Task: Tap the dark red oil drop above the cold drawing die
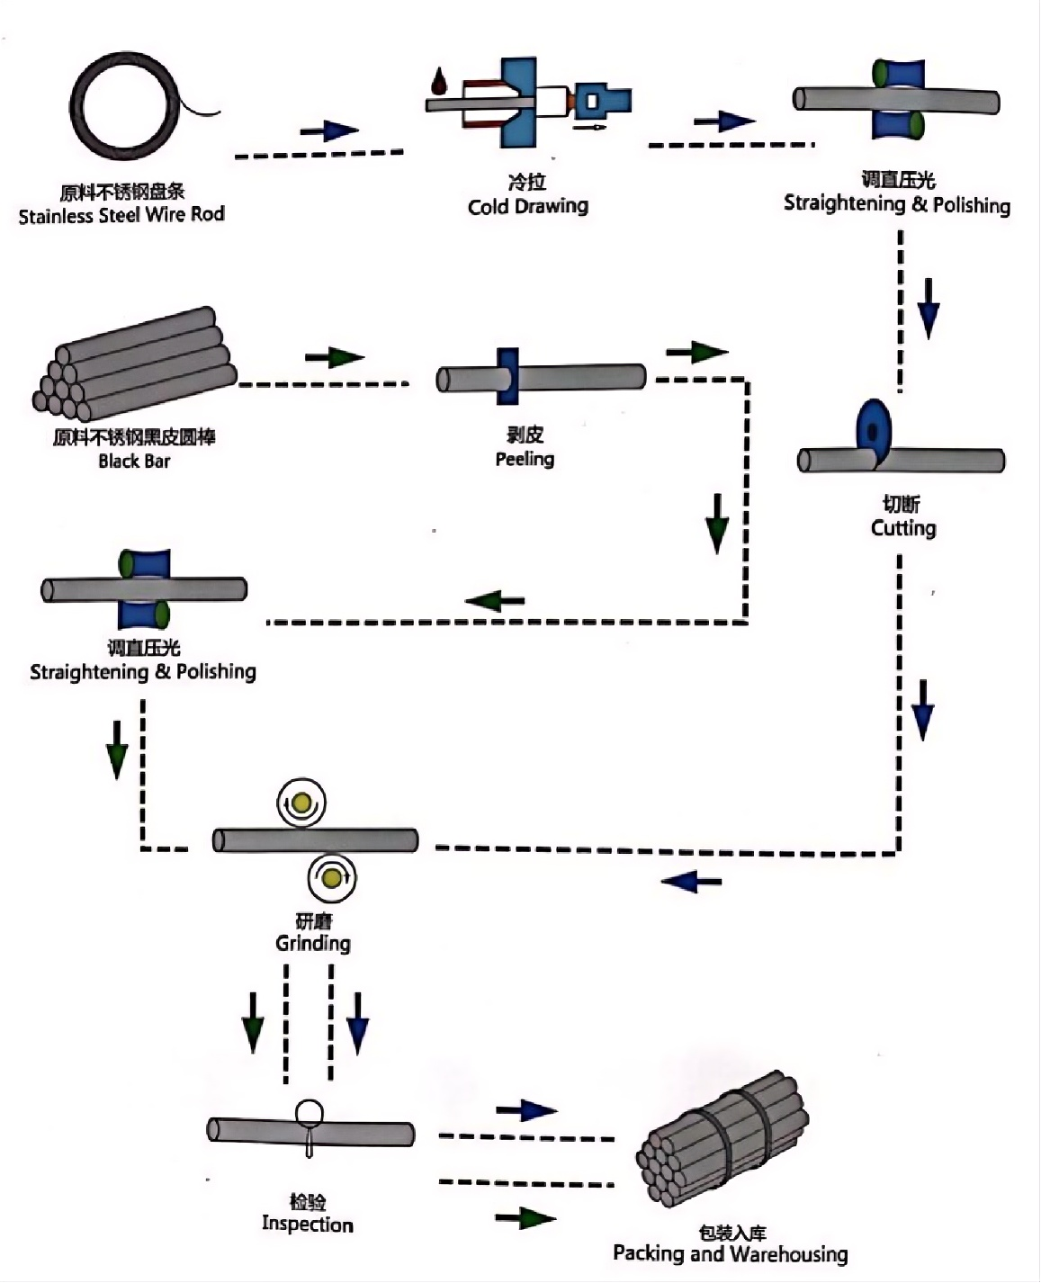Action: pos(439,81)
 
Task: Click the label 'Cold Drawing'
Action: pos(528,206)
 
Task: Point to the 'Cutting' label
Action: pos(903,528)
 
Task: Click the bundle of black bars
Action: pos(134,365)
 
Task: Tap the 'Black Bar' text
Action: pos(134,461)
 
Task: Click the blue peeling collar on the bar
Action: pos(507,376)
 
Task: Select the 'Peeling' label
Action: pos(525,459)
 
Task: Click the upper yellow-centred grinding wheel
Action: pos(301,803)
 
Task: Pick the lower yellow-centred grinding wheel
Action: pos(331,877)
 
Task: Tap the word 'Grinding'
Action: pos(313,943)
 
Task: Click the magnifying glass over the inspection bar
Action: pos(309,1114)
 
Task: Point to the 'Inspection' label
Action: pos(307,1224)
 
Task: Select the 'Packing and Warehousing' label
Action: pos(731,1253)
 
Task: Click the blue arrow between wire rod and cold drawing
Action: pos(329,130)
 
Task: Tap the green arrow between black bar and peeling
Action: pos(335,357)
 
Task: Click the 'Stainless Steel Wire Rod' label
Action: pos(121,215)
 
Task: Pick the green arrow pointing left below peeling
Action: pos(495,600)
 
